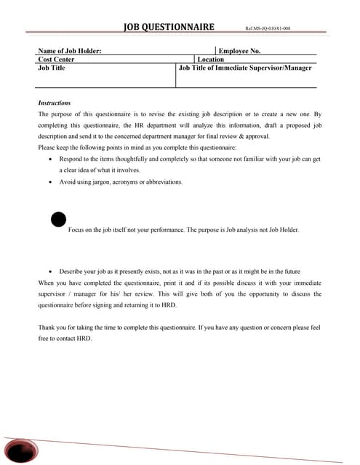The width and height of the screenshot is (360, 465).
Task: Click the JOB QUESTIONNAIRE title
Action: coord(169,27)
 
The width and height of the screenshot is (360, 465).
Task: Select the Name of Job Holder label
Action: coord(70,51)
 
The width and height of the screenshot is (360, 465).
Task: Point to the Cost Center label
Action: coord(56,60)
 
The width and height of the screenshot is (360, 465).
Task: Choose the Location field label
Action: coord(211,60)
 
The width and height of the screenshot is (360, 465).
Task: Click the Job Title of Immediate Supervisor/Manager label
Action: coord(245,68)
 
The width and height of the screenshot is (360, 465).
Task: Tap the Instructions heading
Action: coord(55,103)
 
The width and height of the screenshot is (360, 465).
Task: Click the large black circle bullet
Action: coord(59,219)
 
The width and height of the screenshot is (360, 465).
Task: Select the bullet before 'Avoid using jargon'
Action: coord(49,182)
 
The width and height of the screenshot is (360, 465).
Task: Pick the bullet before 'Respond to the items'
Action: coord(49,158)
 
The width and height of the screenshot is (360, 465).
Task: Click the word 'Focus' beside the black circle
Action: coord(76,230)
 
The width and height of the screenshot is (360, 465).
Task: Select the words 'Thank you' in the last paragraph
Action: coord(52,328)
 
